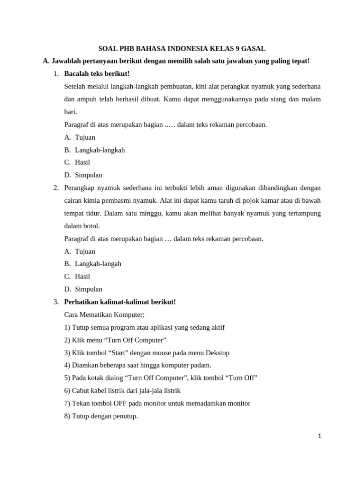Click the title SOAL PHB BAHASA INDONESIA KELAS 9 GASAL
[182, 49]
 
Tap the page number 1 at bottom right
[319, 436]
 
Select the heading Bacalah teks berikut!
[97, 74]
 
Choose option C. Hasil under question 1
[77, 162]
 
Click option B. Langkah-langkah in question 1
[94, 150]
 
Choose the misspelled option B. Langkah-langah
[92, 264]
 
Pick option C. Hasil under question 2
[77, 277]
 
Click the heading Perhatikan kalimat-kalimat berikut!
[120, 302]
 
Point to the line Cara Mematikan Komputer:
[104, 315]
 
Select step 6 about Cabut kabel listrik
[122, 391]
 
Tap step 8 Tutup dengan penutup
[101, 416]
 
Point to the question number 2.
[56, 188]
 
